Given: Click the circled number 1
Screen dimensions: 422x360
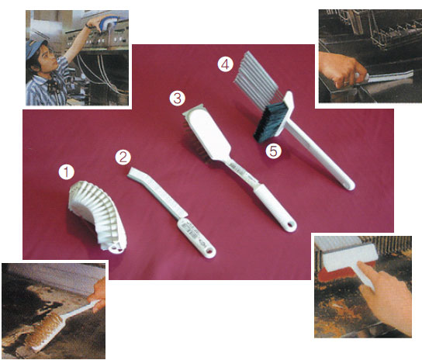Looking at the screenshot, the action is point(67,172).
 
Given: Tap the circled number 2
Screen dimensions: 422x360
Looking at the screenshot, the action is point(123,157).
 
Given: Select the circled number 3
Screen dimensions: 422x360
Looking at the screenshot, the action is point(178,99).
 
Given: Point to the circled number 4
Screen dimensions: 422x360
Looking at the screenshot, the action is point(226,64).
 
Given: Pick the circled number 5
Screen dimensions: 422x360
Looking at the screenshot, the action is point(273,151).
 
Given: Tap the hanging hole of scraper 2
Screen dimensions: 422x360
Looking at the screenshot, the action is point(209,251).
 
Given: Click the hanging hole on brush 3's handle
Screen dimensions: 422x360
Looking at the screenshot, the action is point(290,225).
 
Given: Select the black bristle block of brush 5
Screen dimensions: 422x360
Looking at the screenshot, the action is point(271,123).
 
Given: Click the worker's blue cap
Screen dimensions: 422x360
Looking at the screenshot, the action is point(35,47).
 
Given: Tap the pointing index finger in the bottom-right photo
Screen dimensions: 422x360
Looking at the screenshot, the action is point(367,273).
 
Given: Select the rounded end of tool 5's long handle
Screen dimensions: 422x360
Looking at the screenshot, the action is point(349,185).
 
